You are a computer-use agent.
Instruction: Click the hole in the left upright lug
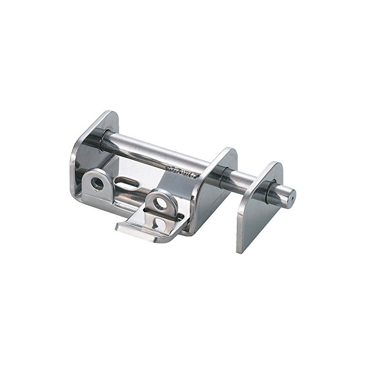[97, 183]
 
